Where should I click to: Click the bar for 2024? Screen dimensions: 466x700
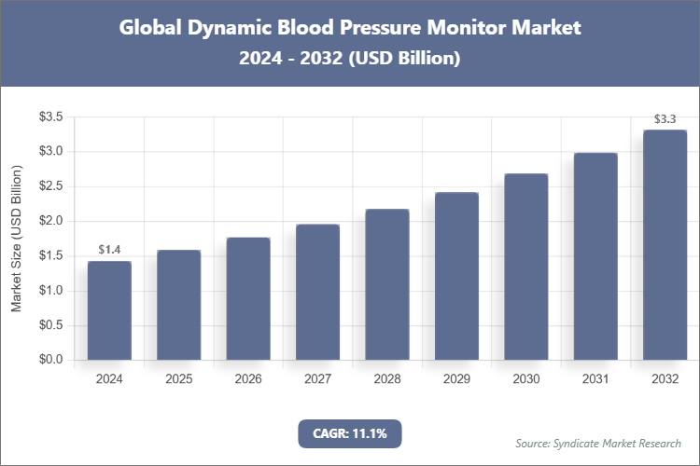[x=109, y=310]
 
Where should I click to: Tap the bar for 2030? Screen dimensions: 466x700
[x=525, y=267]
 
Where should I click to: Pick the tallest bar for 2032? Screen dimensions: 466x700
[x=665, y=245]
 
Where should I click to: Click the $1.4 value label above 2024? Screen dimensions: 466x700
[x=109, y=250]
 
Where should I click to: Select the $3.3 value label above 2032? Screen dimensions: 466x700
[x=665, y=118]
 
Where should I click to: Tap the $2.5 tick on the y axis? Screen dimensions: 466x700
[x=50, y=186]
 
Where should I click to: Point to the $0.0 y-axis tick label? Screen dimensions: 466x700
[x=50, y=360]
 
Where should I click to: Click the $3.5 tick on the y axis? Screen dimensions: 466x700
[x=50, y=116]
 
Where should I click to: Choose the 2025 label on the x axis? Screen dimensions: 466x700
[x=178, y=379]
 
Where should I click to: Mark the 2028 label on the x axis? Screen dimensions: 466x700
[x=386, y=379]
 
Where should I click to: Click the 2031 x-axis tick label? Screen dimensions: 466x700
[x=595, y=379]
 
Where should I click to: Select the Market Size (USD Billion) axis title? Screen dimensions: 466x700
[x=16, y=239]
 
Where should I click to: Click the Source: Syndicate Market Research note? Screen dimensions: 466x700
[x=597, y=443]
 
